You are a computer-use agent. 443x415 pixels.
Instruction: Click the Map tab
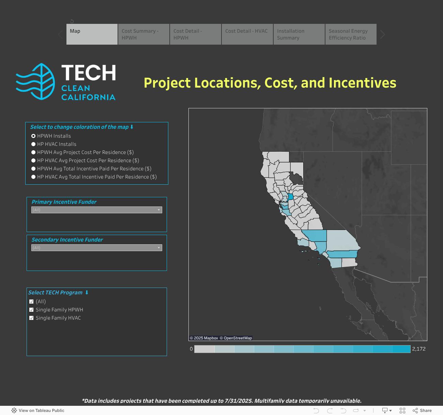coord(92,34)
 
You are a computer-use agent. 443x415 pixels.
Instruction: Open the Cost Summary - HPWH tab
coord(144,34)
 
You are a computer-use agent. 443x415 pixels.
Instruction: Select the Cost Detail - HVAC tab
coord(247,34)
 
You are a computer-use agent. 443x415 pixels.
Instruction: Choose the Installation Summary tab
coord(299,34)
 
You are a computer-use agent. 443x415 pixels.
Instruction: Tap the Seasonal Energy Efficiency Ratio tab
coord(351,34)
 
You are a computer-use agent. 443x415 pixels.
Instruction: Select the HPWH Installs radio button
coord(33,136)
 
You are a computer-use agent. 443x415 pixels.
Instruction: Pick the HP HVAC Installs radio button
coord(33,144)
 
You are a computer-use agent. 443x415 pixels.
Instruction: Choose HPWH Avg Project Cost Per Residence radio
coord(33,152)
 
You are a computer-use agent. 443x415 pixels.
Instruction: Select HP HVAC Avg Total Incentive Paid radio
coord(33,177)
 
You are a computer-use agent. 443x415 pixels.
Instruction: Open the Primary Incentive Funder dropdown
coord(96,210)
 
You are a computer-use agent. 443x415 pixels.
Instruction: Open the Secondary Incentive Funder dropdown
coord(96,248)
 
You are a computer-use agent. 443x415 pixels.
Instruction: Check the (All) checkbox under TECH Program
coord(31,302)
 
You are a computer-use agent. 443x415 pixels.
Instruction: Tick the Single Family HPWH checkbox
coord(31,310)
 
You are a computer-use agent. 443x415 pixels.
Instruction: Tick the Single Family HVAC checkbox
coord(31,318)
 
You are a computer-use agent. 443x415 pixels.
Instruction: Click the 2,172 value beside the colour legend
coord(419,349)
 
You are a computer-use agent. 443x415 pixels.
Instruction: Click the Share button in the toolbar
coord(422,411)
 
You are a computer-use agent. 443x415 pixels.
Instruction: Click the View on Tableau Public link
coord(38,411)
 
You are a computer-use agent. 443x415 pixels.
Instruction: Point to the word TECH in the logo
coord(89,72)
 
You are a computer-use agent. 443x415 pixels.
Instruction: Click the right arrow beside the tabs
coord(383,34)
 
